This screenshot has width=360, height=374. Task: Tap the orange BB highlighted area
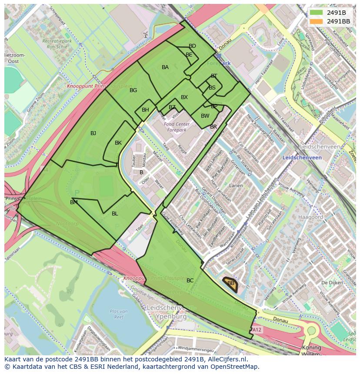(x=230, y=283)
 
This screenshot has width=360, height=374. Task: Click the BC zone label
(x=190, y=281)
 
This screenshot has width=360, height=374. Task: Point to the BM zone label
(x=74, y=202)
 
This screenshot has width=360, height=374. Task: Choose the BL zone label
(x=115, y=214)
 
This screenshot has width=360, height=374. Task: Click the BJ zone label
(x=93, y=133)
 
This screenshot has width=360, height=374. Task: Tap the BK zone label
(x=118, y=143)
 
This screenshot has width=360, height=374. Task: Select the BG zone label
(x=133, y=90)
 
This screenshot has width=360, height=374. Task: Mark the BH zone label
(x=145, y=110)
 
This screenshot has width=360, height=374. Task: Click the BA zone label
(x=165, y=67)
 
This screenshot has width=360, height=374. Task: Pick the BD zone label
(x=192, y=46)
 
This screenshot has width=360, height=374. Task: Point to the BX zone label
(x=184, y=97)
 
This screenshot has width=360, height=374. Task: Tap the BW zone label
(x=205, y=116)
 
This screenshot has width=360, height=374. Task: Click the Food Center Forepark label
(x=175, y=127)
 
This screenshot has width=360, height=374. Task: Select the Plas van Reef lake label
(x=118, y=314)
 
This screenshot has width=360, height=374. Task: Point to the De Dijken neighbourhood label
(x=330, y=283)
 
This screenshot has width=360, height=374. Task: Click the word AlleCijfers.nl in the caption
(x=226, y=360)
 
